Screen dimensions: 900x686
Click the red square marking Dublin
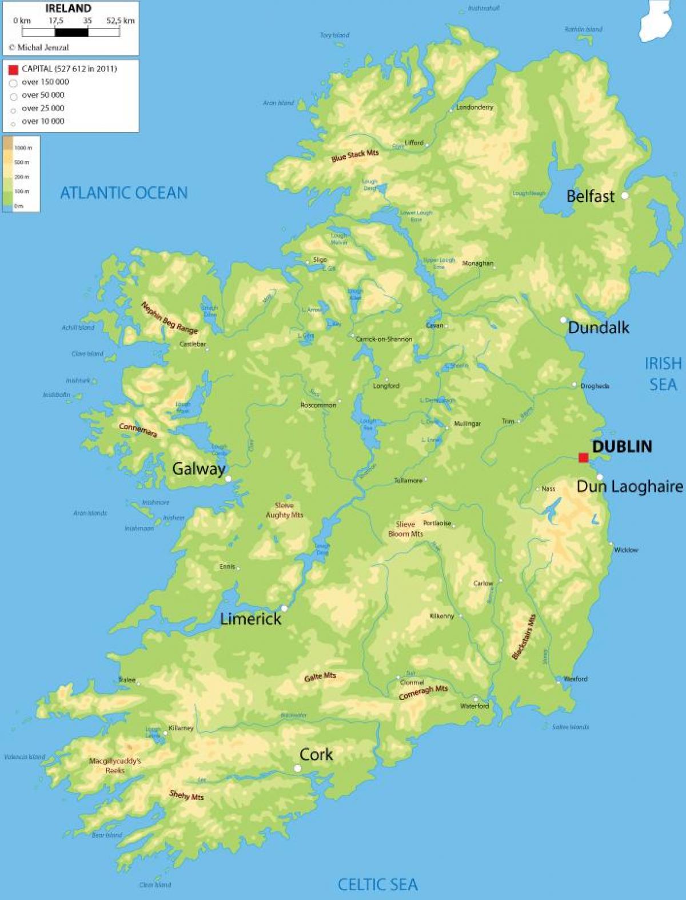[x=583, y=457]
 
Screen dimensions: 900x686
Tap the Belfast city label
[x=590, y=197]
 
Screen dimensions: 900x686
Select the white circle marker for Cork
[x=297, y=769]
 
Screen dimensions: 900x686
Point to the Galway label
[x=198, y=469]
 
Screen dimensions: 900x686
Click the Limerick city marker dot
[x=284, y=608]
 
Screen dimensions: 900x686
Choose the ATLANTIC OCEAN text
[x=124, y=193]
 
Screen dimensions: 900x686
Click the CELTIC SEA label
[x=377, y=885]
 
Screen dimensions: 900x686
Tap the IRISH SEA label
[x=663, y=374]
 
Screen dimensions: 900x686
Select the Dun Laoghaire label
[x=629, y=487]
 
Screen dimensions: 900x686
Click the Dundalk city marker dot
[x=563, y=320]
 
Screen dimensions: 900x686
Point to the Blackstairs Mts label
[x=524, y=637]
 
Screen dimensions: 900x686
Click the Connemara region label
[x=138, y=430]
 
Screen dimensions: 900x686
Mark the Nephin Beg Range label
[x=169, y=318]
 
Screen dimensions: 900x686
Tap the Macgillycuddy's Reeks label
[x=115, y=765]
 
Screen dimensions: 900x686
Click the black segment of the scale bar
[x=71, y=33]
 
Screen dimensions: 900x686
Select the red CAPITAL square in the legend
[x=13, y=70]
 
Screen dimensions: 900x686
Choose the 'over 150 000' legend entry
[x=45, y=82]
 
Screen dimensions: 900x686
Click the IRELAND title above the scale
[x=68, y=9]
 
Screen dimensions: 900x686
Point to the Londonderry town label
[x=474, y=107]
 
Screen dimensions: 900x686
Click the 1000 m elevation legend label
[x=23, y=148]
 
